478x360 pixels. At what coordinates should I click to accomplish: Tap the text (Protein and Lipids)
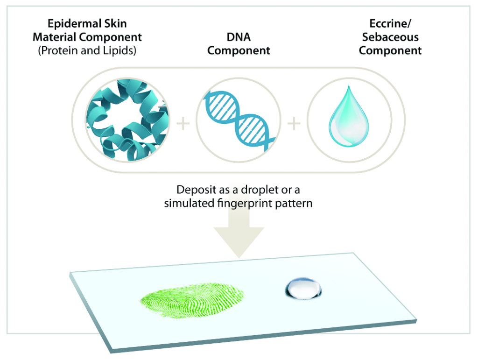87,50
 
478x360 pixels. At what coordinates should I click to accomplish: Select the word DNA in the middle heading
239,37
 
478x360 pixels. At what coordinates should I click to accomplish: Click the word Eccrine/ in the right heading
390,23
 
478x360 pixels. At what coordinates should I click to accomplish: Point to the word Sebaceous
390,37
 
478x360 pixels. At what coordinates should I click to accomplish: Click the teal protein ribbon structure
127,119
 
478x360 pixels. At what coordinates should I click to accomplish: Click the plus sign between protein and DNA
183,123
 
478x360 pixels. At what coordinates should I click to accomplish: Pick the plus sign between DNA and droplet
294,123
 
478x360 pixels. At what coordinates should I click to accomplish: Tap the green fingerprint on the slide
192,301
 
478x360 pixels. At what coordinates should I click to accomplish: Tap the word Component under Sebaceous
390,50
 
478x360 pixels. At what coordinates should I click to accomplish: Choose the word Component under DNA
239,50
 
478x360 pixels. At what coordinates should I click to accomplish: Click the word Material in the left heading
54,37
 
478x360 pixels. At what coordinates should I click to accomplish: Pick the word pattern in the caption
294,203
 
